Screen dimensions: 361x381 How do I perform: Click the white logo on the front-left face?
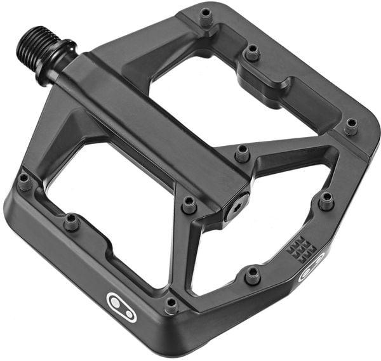[x=121, y=306]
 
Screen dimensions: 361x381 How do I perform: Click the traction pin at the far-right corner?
[x=351, y=126]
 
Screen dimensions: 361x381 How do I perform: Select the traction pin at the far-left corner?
[x=24, y=181]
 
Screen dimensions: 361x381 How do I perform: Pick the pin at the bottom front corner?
[x=171, y=305]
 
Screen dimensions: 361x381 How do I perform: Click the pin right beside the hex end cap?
[x=189, y=204]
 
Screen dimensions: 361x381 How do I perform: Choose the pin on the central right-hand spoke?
[x=242, y=152]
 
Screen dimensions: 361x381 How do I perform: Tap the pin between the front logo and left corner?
[x=72, y=221]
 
